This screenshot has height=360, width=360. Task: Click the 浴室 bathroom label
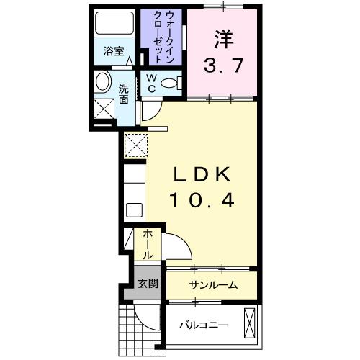click(x=113, y=51)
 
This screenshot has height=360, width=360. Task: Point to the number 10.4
click(x=202, y=202)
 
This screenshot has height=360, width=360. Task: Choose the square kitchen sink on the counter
click(x=134, y=211)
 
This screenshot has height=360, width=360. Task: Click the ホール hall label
click(x=147, y=245)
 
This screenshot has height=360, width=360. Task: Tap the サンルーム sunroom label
click(x=213, y=285)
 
